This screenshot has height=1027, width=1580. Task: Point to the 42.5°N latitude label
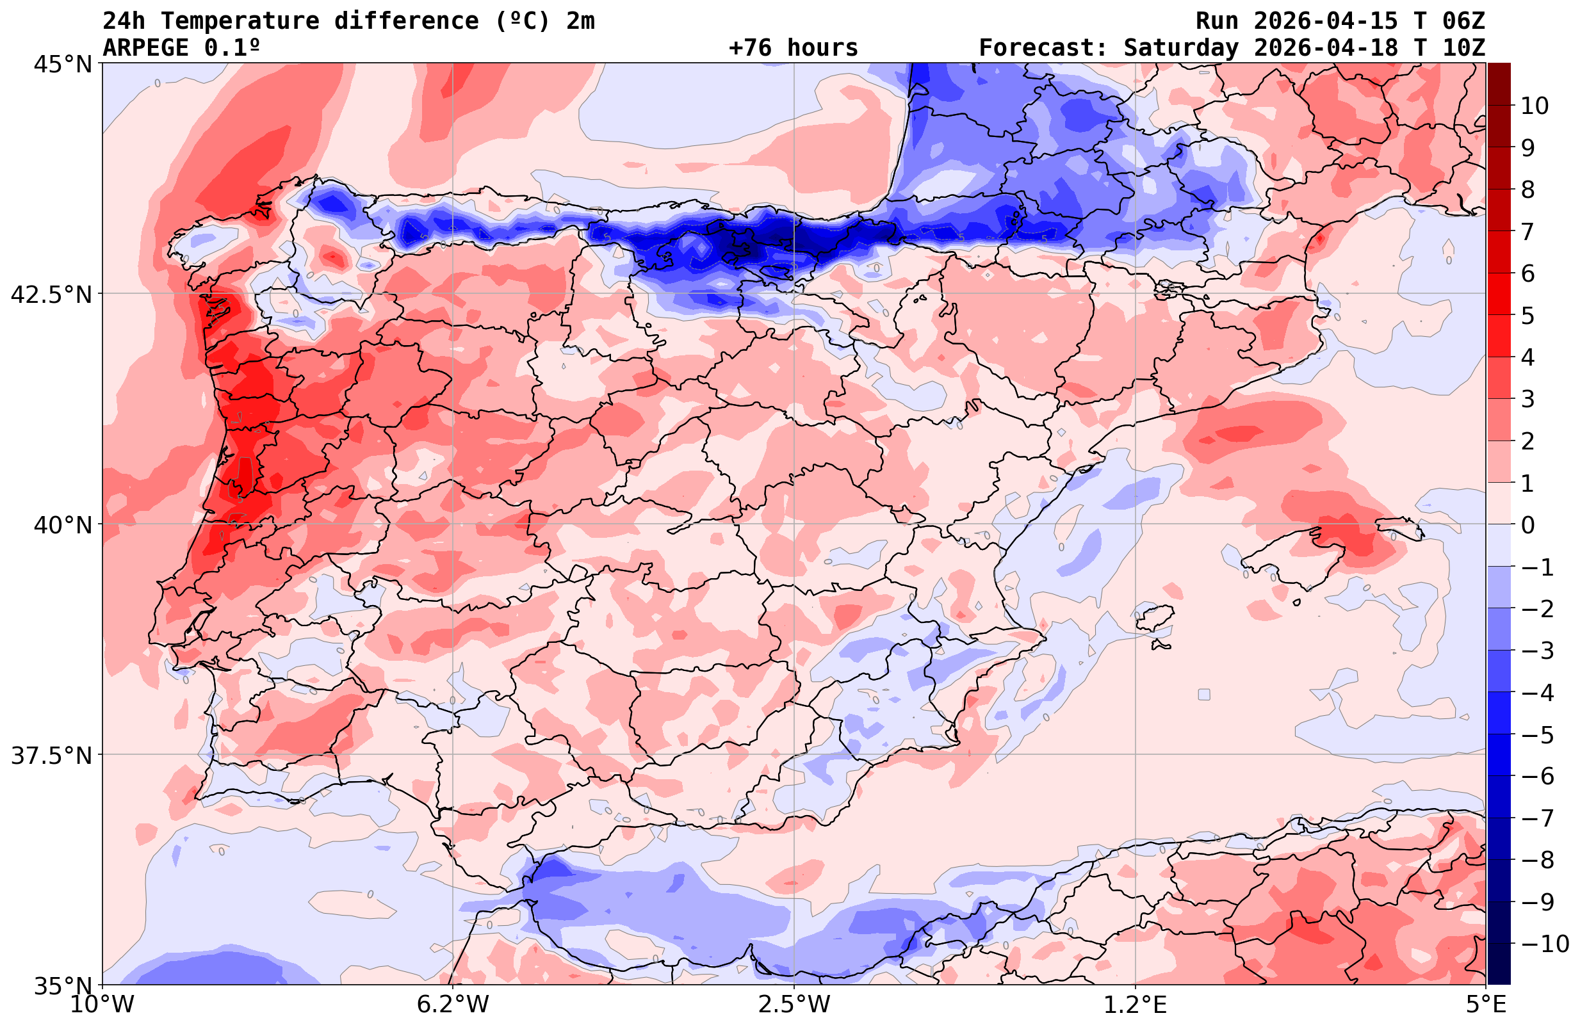(x=51, y=294)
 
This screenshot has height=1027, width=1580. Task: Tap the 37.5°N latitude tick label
(x=51, y=756)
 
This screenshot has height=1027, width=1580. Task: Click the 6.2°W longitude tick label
(x=453, y=1005)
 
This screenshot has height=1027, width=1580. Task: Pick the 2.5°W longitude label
(x=794, y=1005)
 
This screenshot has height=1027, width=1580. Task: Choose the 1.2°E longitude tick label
(x=1136, y=1005)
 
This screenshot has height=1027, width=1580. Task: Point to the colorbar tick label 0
(x=1527, y=525)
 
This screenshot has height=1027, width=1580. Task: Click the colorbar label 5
(x=1527, y=316)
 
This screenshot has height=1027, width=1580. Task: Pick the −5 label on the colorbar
(x=1537, y=735)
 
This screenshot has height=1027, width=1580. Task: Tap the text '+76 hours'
(x=794, y=48)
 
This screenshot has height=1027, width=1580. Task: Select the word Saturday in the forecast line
(x=1181, y=48)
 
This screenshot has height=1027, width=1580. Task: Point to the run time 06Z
(x=1464, y=21)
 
